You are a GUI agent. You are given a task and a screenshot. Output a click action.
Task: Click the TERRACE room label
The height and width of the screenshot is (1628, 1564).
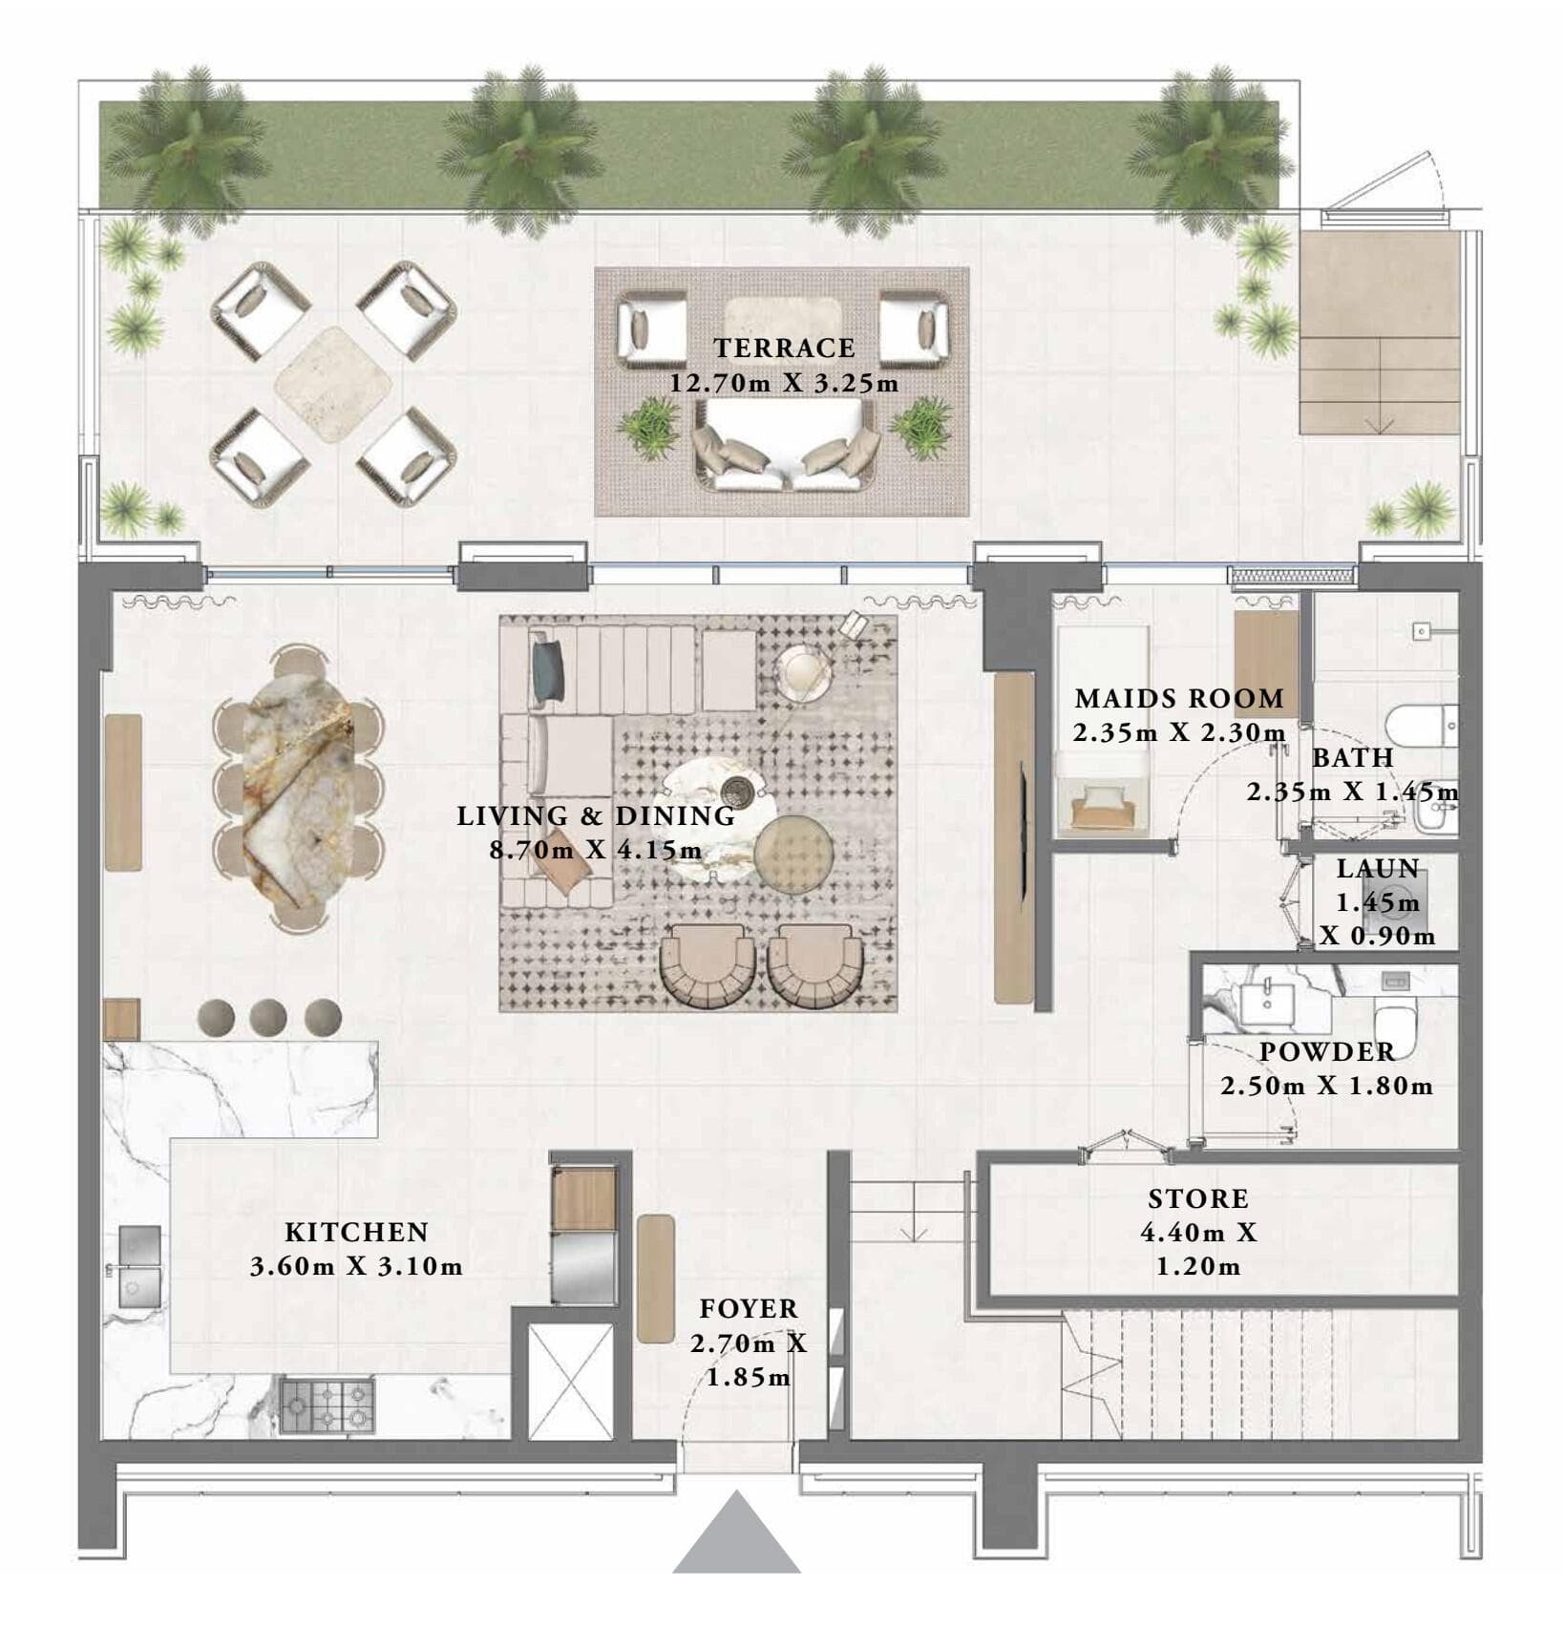pyautogui.click(x=784, y=349)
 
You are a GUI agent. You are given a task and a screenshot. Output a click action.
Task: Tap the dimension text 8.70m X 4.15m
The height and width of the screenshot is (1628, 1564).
pyautogui.click(x=596, y=850)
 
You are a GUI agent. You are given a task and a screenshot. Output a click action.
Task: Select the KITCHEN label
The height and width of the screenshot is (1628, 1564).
pyautogui.click(x=356, y=1232)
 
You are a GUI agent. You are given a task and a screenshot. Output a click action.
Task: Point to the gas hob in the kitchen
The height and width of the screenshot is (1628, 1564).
pyautogui.click(x=327, y=1405)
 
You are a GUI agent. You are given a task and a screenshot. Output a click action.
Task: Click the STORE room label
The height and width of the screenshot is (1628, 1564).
pyautogui.click(x=1197, y=1198)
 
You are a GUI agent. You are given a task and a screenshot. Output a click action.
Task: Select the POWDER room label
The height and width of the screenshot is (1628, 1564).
pyautogui.click(x=1327, y=1051)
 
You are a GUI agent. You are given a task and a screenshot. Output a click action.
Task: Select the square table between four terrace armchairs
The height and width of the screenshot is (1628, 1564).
pyautogui.click(x=332, y=384)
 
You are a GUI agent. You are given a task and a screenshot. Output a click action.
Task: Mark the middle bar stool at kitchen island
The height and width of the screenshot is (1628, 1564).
pyautogui.click(x=268, y=1018)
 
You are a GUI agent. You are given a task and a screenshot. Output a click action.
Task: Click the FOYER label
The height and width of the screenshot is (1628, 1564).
pyautogui.click(x=748, y=1308)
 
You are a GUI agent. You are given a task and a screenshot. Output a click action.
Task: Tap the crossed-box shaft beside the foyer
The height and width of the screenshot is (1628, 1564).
pyautogui.click(x=570, y=1381)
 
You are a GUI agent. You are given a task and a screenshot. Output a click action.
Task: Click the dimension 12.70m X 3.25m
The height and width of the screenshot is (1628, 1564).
pyautogui.click(x=784, y=384)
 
